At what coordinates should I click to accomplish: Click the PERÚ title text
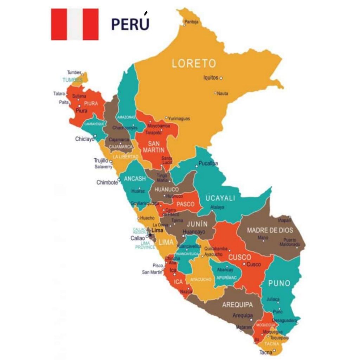[130, 24]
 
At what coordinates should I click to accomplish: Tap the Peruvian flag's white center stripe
[75, 24]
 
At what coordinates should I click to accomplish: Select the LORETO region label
[194, 64]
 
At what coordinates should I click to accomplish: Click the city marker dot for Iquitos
[221, 78]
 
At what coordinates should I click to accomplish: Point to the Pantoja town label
[192, 22]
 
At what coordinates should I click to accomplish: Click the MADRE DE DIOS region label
[270, 230]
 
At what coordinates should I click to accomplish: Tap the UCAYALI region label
[220, 198]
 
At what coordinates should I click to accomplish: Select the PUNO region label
[279, 283]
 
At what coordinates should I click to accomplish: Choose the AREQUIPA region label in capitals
[237, 304]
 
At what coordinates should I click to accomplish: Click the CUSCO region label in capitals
[240, 257]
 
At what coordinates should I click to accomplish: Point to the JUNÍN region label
[197, 224]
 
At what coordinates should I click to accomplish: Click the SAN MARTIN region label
[154, 147]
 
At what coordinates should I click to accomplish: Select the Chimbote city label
[107, 182]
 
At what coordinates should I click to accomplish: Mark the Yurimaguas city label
[179, 118]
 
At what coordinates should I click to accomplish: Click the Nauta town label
[222, 94]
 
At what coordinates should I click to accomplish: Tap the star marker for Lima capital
[150, 235]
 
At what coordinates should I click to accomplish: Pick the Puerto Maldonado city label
[290, 242]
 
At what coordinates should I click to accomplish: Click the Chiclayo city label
[85, 139]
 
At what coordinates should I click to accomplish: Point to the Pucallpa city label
[208, 163]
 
